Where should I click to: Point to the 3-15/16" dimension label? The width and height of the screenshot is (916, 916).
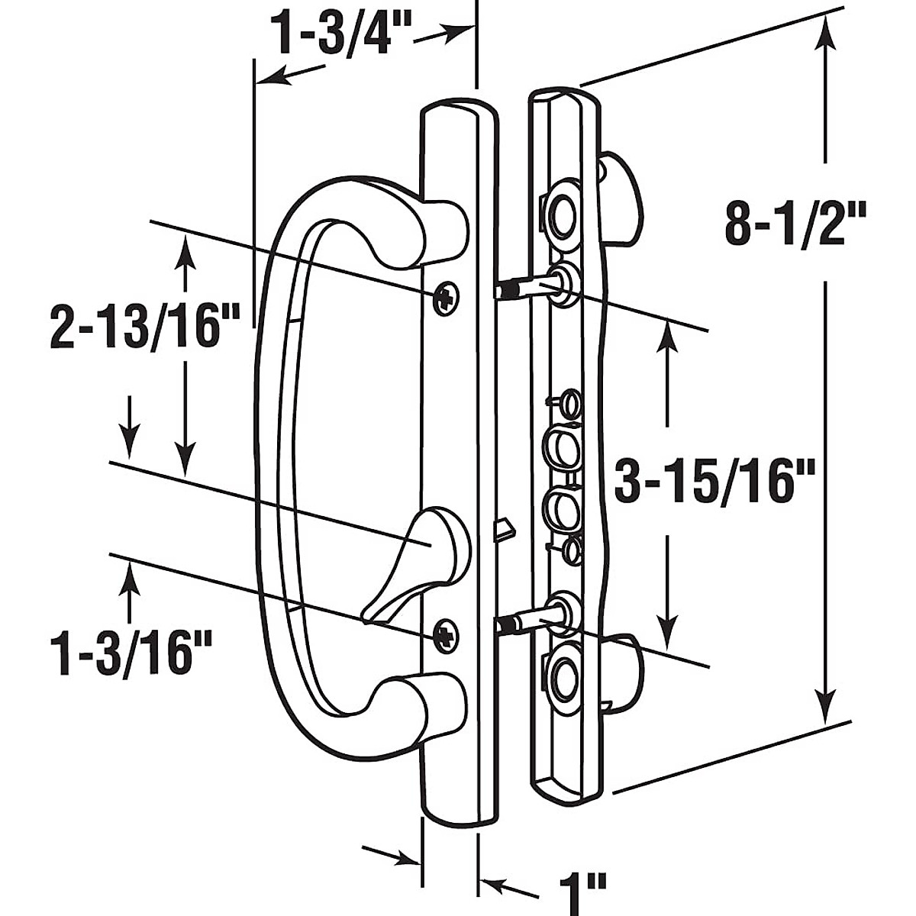(716, 481)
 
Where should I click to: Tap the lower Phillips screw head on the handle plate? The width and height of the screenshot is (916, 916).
(445, 633)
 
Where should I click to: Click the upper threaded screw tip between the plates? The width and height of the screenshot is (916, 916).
(505, 291)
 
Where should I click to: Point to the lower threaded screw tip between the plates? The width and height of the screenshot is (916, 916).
(505, 625)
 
